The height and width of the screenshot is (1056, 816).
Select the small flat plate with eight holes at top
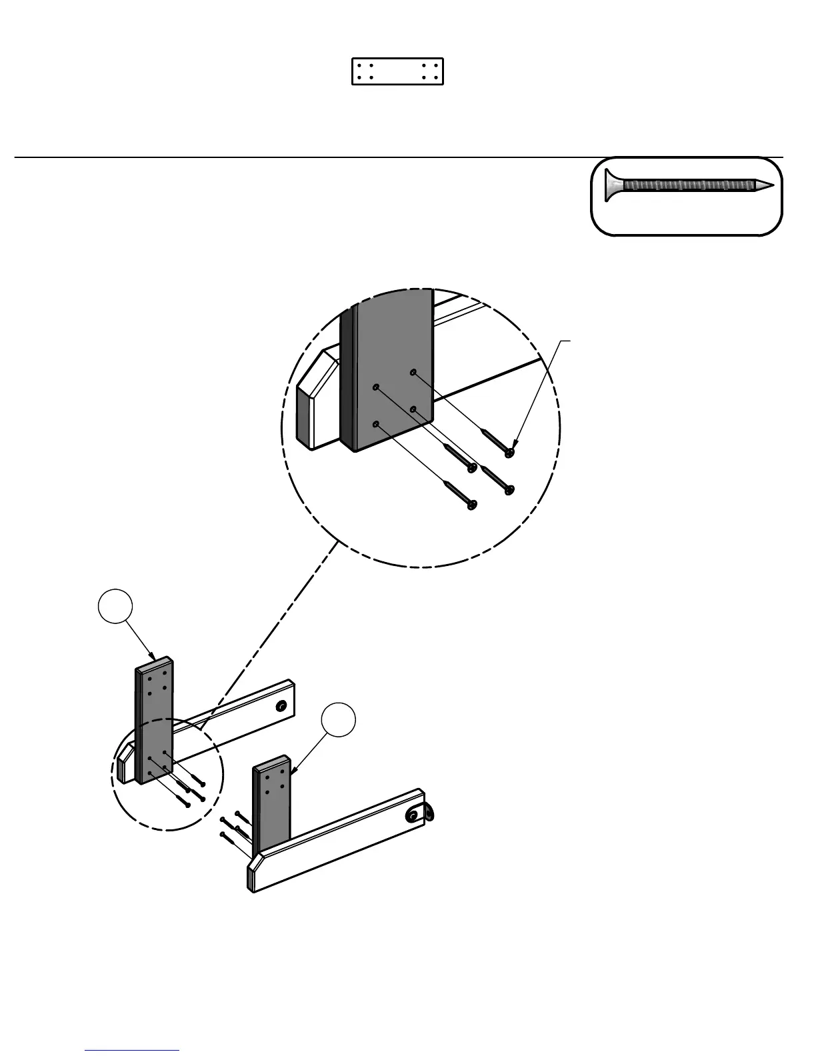coord(397,71)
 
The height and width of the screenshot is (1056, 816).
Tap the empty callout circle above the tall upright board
coord(115,605)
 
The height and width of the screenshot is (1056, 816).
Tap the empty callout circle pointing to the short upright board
coord(338,720)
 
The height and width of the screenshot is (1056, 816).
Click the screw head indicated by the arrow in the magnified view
coord(510,453)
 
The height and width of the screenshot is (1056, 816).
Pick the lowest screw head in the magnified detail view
coord(473,505)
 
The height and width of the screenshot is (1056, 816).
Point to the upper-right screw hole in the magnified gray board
coord(413,372)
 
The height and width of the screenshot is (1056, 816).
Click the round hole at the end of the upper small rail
coord(282,706)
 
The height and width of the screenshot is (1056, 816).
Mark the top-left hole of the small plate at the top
coord(360,66)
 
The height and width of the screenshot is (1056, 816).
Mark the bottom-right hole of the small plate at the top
coord(435,77)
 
